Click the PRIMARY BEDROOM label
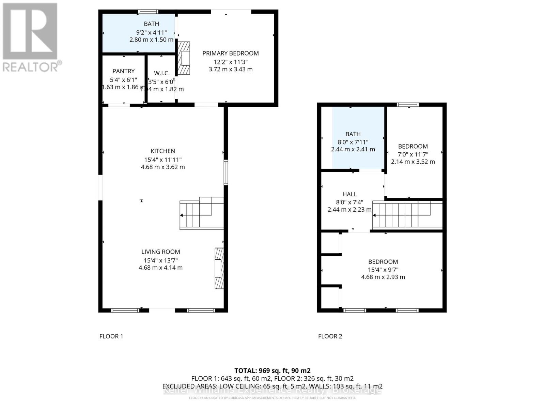[231, 53]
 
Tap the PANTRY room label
[123, 71]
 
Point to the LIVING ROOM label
[161, 252]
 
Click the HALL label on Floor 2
[349, 194]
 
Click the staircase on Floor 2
[407, 215]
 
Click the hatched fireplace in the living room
[219, 268]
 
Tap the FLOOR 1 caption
[111, 336]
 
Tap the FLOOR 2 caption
[330, 336]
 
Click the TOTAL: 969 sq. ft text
[272, 370]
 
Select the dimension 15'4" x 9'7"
[383, 269]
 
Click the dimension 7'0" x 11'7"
[413, 154]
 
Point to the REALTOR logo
[31, 37]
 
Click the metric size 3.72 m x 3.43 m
[231, 69]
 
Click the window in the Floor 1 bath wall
[148, 12]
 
